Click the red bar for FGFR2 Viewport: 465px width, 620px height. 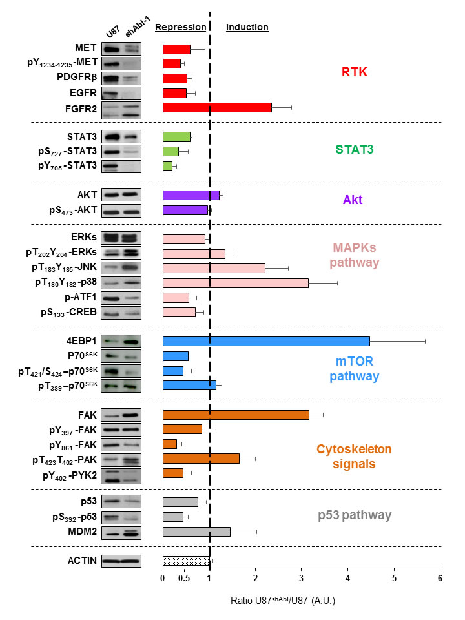point(217,108)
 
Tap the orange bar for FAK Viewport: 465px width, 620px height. point(236,415)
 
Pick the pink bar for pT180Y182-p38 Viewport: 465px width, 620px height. point(235,283)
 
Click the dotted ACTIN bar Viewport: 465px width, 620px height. point(186,561)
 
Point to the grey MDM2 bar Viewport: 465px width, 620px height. point(196,532)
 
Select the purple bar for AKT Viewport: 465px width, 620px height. point(191,195)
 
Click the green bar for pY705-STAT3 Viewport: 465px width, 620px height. point(167,166)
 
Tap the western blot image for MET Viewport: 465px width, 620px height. point(121,49)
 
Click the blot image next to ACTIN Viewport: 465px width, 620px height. point(121,561)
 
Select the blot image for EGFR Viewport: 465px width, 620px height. point(121,94)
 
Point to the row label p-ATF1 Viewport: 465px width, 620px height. point(80,298)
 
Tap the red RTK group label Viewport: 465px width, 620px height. point(354,72)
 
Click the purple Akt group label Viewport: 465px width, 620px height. point(354,200)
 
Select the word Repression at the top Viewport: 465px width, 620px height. point(180,28)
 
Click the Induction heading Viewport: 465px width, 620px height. point(247,28)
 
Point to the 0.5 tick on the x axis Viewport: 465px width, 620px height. point(186,578)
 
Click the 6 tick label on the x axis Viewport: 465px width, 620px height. point(440,578)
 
